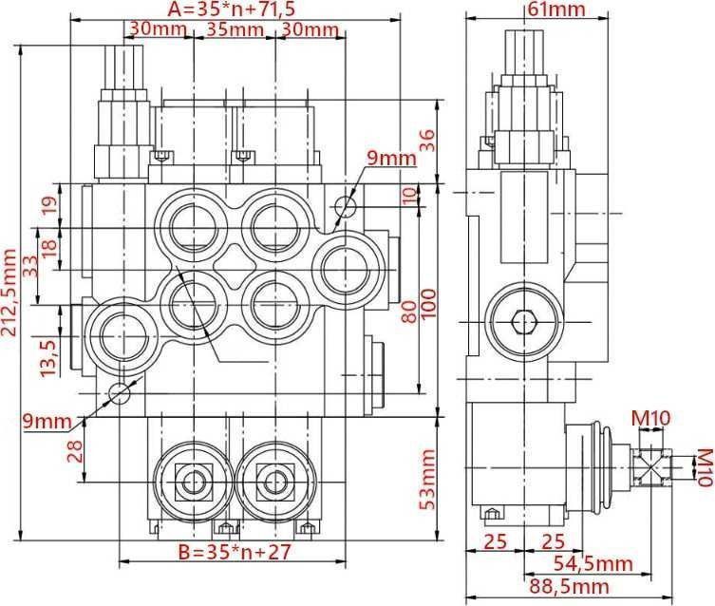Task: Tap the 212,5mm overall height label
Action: click(x=10, y=294)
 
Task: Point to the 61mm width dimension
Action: click(x=556, y=10)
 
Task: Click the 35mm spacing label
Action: click(x=234, y=30)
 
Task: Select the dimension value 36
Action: click(x=427, y=142)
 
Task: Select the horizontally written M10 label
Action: click(x=651, y=415)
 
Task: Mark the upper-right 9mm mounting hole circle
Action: click(x=348, y=206)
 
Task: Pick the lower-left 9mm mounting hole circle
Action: click(x=119, y=392)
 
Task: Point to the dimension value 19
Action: click(x=50, y=203)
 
